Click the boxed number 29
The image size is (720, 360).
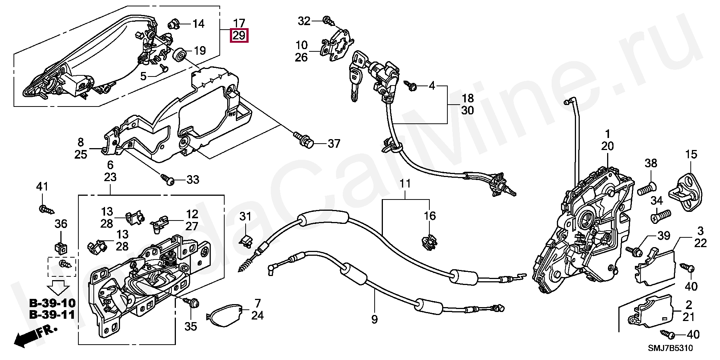(x=239, y=36)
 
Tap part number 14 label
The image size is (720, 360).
(x=198, y=24)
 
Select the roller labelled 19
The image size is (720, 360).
(x=180, y=55)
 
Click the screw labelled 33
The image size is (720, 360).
(x=168, y=180)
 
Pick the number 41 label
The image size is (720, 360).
(x=42, y=186)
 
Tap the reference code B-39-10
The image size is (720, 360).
(x=52, y=303)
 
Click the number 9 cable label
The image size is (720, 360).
(x=374, y=319)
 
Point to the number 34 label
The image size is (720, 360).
(x=657, y=201)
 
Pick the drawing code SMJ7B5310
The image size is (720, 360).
(x=670, y=348)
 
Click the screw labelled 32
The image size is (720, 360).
(x=327, y=20)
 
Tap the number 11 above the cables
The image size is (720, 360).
(x=405, y=184)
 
